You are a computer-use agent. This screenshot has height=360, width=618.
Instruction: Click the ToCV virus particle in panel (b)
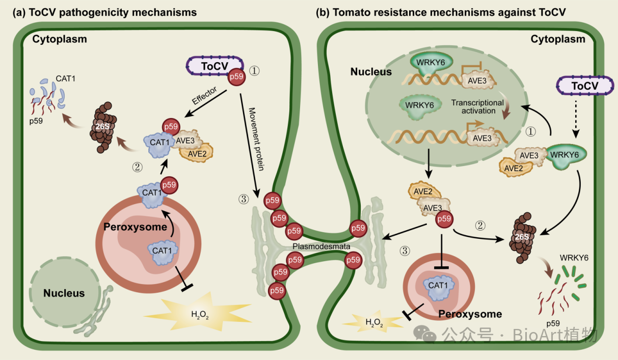click(584, 86)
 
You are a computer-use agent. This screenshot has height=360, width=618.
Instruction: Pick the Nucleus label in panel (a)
click(64, 293)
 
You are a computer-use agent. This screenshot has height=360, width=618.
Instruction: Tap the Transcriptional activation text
click(477, 106)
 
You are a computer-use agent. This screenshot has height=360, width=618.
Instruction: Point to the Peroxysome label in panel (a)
click(136, 227)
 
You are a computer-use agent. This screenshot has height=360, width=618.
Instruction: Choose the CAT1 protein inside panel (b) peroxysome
click(439, 286)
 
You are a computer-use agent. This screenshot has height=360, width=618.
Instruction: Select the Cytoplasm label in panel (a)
click(60, 39)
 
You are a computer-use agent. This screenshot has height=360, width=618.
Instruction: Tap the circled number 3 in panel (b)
click(405, 251)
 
